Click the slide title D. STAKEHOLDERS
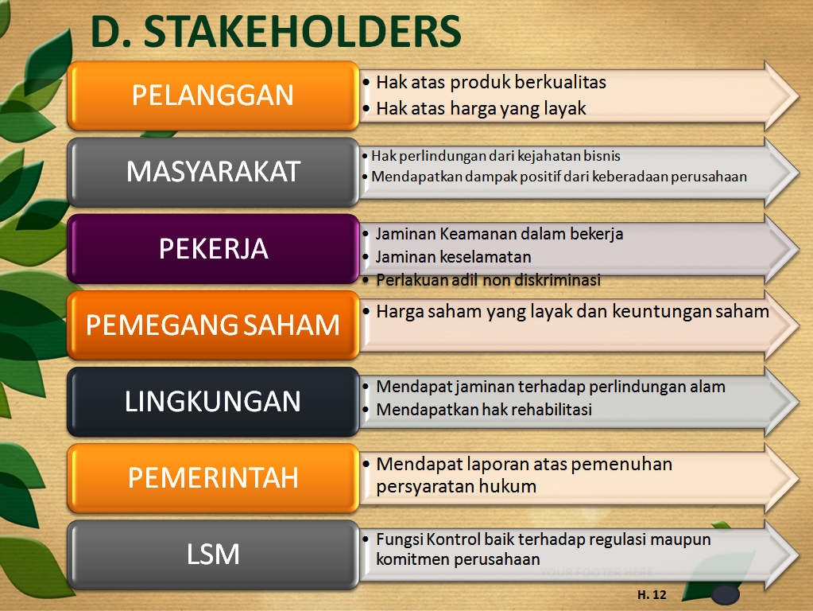coord(276,31)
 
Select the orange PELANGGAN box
coord(213,95)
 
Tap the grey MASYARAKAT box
coord(213,172)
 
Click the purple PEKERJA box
coord(213,249)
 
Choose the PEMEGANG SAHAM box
coord(213,325)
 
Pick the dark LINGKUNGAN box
coord(213,402)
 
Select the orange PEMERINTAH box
coord(213,477)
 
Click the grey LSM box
coord(213,554)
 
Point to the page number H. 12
coord(652,594)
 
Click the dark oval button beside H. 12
coord(724,595)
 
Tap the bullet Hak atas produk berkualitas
coord(490,82)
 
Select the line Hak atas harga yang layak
coord(481,109)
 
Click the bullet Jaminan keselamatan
coord(454,257)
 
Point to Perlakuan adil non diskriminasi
coord(488,280)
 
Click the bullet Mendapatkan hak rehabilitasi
coord(484,410)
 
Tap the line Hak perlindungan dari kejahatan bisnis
coord(495,156)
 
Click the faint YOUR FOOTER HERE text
coord(597,572)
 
